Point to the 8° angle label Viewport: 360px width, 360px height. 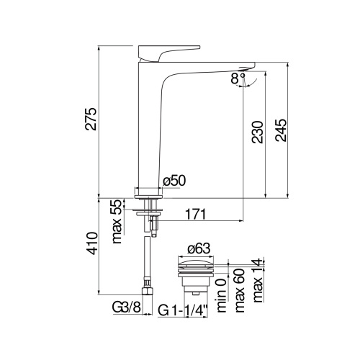(237, 80)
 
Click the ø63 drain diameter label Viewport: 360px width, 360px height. (199, 250)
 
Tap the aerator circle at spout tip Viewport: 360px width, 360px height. (242, 72)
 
